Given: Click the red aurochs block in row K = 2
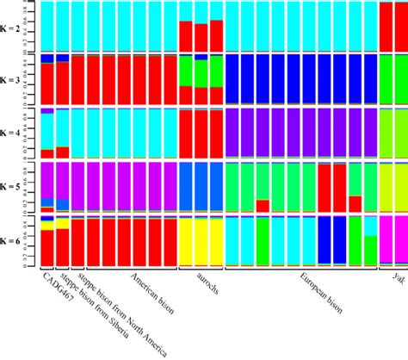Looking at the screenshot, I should [201, 36].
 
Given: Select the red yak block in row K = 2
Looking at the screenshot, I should [393, 26].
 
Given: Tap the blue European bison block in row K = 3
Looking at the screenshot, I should [301, 79].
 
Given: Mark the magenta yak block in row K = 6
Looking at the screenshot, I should [393, 239].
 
